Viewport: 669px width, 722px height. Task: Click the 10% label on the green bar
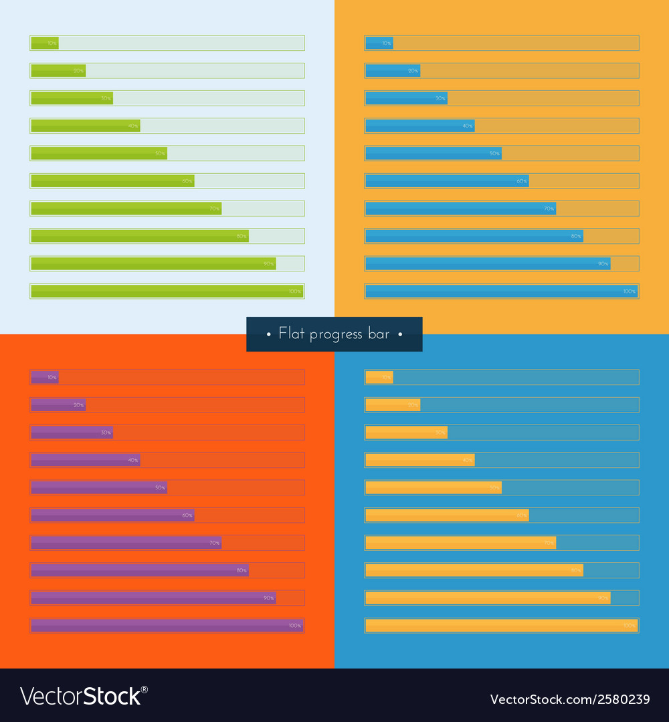pos(52,43)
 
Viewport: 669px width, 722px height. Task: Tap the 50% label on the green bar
pos(160,154)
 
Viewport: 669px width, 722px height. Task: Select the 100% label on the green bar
pos(294,291)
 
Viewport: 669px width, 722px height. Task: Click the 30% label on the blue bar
pos(440,98)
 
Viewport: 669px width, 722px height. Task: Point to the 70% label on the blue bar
pos(549,209)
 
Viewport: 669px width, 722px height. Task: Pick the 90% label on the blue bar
pos(603,264)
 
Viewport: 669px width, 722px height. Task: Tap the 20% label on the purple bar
pos(78,405)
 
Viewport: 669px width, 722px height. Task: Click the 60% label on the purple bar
pos(187,515)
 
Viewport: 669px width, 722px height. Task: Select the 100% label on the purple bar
pos(294,626)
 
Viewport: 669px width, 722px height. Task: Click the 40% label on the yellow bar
pos(467,460)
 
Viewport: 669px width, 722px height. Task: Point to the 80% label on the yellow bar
pos(575,570)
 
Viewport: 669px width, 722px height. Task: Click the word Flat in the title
pos(291,334)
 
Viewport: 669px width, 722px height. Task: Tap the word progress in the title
pos(335,334)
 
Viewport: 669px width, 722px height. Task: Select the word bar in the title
pos(378,334)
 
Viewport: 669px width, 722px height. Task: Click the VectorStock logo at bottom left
pos(84,697)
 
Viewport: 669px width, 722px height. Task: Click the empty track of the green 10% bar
pos(181,43)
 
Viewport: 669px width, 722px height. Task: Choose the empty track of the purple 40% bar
pos(221,460)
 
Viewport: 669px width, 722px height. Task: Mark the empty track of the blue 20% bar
pos(529,71)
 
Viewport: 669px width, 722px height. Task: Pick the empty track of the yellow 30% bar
pos(543,433)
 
